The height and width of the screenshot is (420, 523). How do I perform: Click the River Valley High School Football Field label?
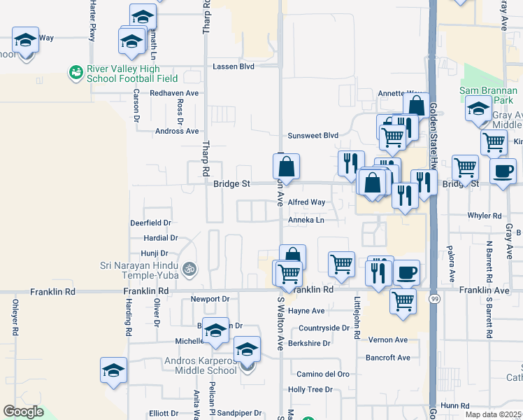pos(122,74)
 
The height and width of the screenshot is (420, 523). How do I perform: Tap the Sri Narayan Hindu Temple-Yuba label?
pos(142,269)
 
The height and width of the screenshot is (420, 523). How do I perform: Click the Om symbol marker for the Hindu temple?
pos(187,268)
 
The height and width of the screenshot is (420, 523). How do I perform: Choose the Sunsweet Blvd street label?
pos(313,136)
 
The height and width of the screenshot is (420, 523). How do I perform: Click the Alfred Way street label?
pos(306,202)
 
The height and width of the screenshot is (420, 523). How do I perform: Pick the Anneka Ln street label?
pos(306,220)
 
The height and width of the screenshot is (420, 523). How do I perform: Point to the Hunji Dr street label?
pos(155,253)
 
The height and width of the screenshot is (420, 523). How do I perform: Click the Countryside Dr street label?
pos(324,328)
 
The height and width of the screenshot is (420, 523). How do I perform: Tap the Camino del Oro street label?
pos(323,374)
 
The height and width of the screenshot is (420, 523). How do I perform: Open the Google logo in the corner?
pos(23,412)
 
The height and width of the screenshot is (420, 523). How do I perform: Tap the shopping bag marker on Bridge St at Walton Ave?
pos(286,167)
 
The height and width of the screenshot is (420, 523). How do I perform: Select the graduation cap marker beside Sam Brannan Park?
pos(479,109)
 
